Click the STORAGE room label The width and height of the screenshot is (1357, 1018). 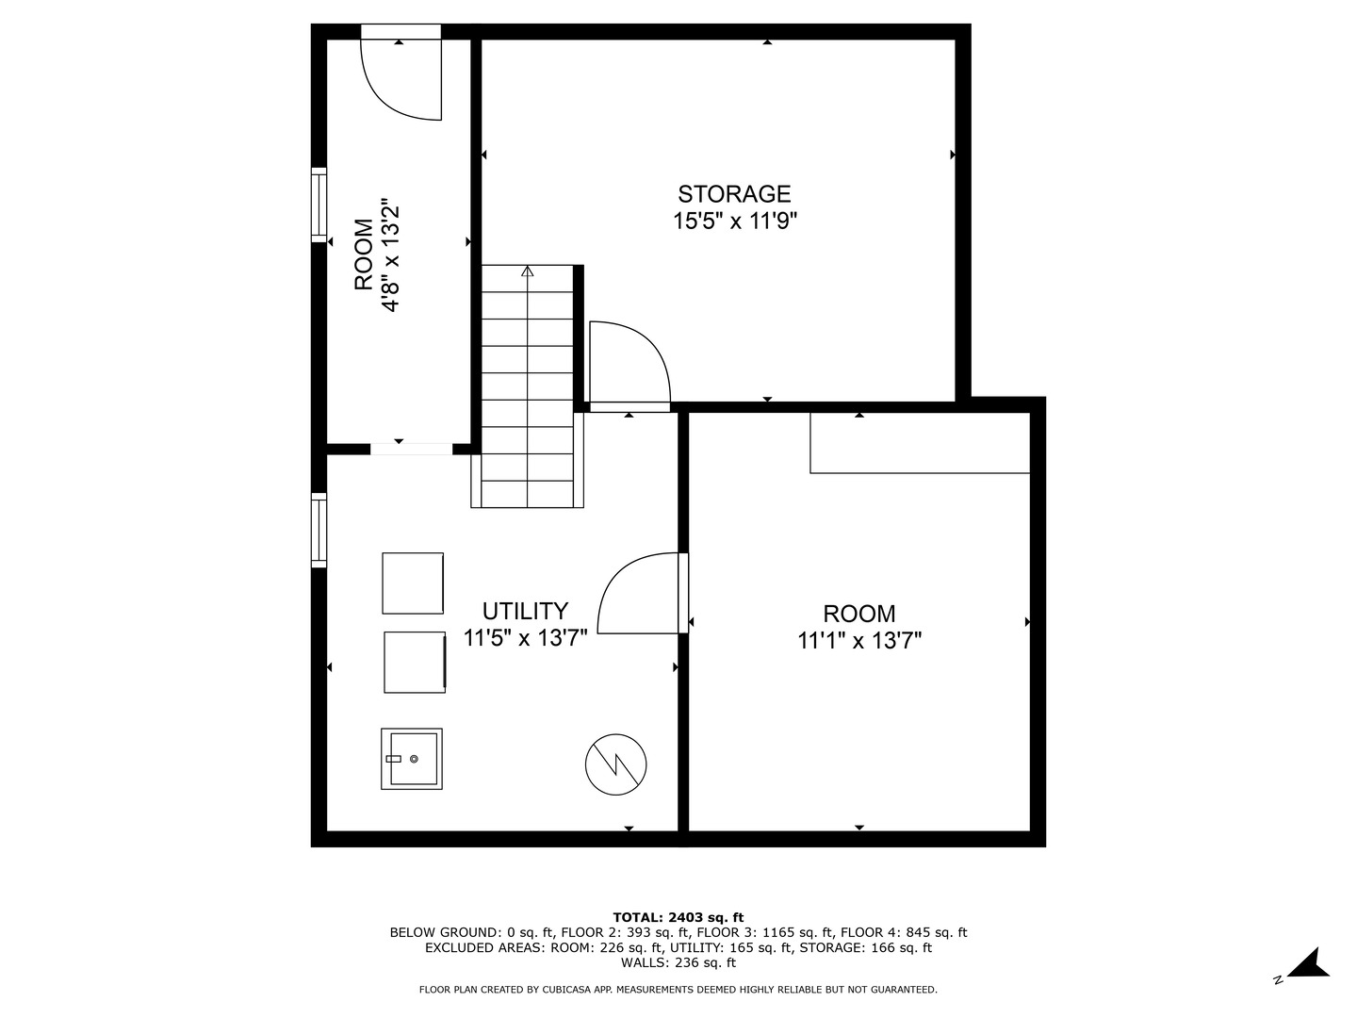pos(734,194)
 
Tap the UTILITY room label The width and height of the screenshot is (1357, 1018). pos(525,611)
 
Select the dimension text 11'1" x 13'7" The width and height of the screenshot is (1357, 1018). pos(858,641)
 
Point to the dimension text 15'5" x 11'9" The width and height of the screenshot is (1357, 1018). pos(735,222)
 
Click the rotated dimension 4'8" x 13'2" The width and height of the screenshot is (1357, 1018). pos(390,254)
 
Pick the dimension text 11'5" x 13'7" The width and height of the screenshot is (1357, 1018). pos(525,638)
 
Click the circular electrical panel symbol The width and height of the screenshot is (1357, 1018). pos(616,763)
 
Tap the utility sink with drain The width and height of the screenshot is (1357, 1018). pos(412,759)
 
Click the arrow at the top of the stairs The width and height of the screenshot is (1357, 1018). pos(527,271)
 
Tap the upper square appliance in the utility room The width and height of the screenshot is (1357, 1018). pos(413,583)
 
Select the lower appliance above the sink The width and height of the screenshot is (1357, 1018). pos(415,662)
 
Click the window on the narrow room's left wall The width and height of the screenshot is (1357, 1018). pos(319,205)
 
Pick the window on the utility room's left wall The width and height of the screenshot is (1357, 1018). pos(319,530)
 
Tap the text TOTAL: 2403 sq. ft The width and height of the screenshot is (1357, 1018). pos(678,917)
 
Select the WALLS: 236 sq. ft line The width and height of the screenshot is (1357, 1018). pos(678,962)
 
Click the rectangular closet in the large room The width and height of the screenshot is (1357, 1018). pos(920,443)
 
